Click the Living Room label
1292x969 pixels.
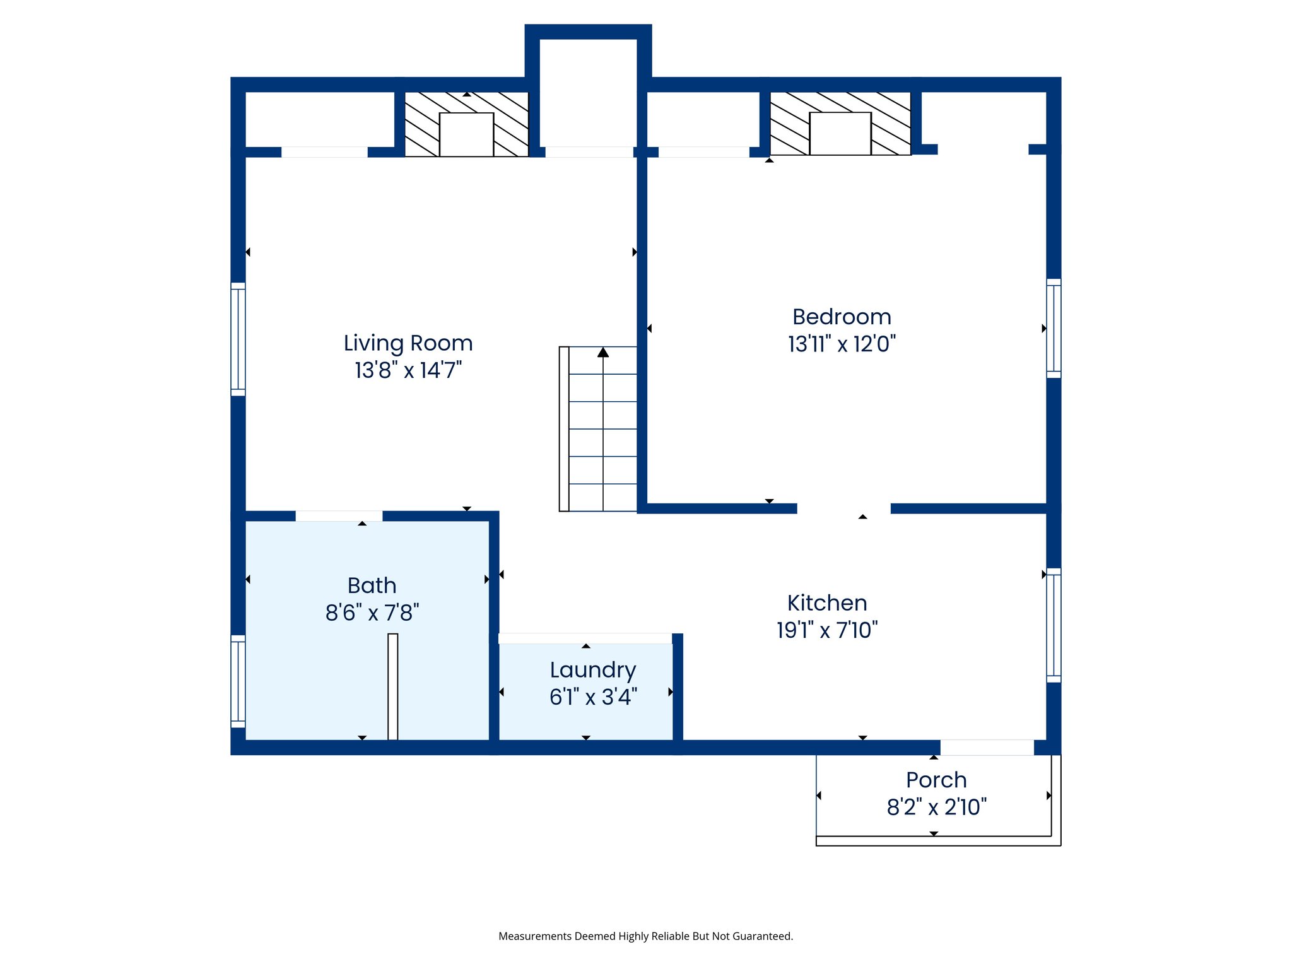408,343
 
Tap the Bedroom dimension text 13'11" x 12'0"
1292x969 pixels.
842,344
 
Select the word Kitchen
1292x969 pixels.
827,603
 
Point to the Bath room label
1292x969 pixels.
372,585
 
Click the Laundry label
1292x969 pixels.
593,671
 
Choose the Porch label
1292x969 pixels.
936,780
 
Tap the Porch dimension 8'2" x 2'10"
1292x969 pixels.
936,807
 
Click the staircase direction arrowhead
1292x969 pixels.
603,352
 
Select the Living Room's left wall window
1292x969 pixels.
238,339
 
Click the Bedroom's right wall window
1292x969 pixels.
1054,328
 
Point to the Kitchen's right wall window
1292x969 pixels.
1054,625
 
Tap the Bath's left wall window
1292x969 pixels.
238,681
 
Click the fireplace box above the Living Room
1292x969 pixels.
466,134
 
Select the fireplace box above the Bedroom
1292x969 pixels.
840,134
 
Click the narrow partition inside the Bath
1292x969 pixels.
392,686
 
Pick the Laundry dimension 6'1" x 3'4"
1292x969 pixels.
593,697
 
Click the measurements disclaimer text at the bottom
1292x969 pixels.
645,936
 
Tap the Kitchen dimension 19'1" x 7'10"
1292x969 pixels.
827,630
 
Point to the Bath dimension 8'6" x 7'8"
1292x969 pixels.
372,613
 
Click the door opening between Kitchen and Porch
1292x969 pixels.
987,748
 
